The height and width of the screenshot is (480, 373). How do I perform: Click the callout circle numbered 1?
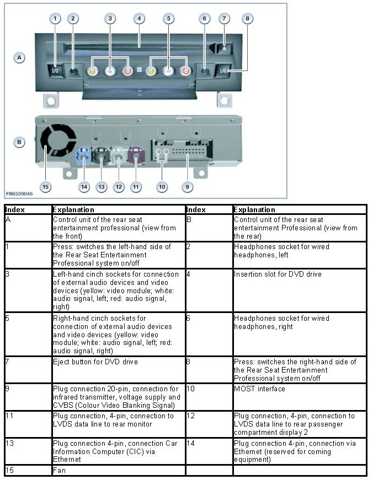click(55, 19)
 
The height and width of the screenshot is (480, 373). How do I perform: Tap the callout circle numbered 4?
click(139, 19)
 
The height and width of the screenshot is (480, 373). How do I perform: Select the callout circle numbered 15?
click(45, 187)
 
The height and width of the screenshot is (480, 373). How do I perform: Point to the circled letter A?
click(19, 57)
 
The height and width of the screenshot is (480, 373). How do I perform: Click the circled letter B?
click(19, 142)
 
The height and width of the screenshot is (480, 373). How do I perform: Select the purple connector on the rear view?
click(136, 158)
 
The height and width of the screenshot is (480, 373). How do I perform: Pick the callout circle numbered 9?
click(187, 187)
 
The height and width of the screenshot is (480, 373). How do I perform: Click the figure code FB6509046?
click(19, 194)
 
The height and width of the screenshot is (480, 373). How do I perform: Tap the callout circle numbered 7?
click(223, 19)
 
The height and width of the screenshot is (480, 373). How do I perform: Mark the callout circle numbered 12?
click(119, 187)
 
